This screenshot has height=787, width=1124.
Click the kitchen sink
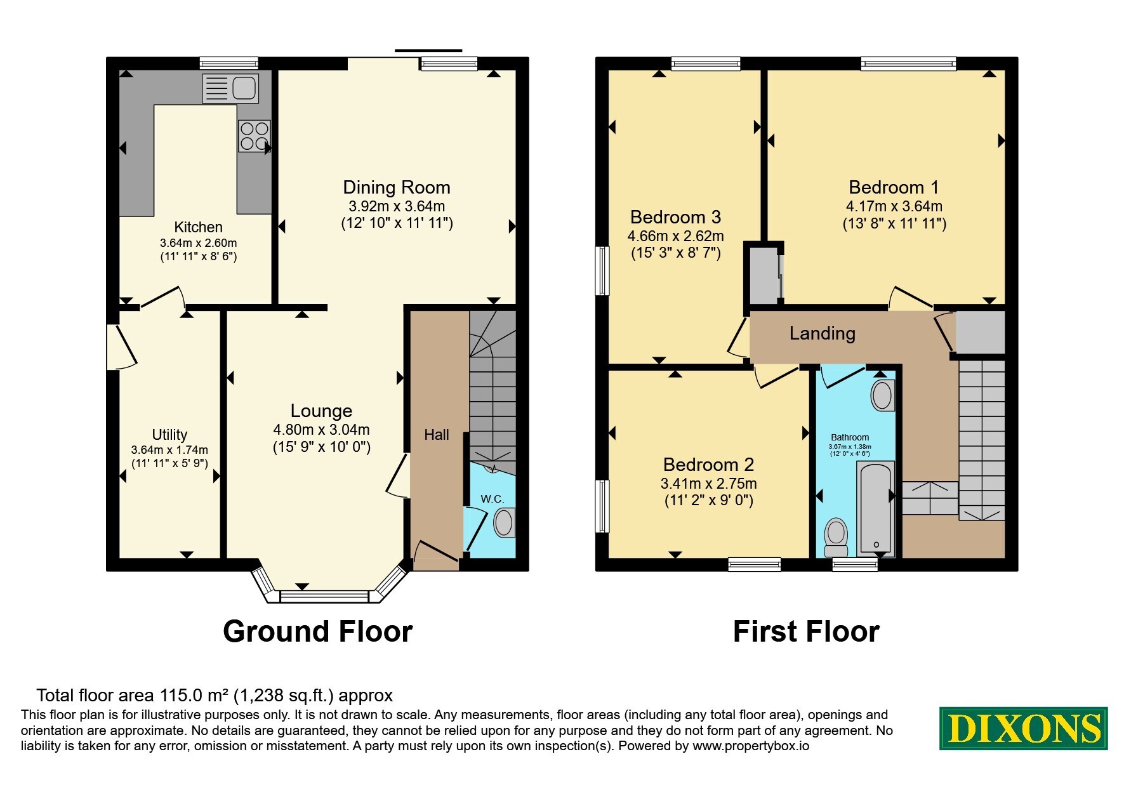(230, 88)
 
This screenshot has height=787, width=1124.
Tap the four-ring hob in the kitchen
(255, 136)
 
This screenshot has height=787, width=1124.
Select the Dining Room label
(397, 187)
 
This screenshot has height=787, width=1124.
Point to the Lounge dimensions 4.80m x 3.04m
(321, 430)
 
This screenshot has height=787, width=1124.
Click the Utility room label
(169, 435)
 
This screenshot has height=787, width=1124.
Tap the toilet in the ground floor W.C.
(504, 523)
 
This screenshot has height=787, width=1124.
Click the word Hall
(437, 435)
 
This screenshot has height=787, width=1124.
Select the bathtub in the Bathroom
(876, 508)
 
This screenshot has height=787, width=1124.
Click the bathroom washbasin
(882, 395)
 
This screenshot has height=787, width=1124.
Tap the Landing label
(823, 334)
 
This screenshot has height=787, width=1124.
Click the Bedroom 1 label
(894, 187)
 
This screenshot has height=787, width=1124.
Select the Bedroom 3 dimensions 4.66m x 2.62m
(676, 236)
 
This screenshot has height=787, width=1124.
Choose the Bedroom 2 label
(709, 465)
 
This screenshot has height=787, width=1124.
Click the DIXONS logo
(1024, 729)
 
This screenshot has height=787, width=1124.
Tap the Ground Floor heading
(318, 632)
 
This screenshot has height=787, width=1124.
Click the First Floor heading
(806, 632)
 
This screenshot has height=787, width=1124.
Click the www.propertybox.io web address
(751, 746)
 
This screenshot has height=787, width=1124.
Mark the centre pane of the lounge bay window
(324, 596)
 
